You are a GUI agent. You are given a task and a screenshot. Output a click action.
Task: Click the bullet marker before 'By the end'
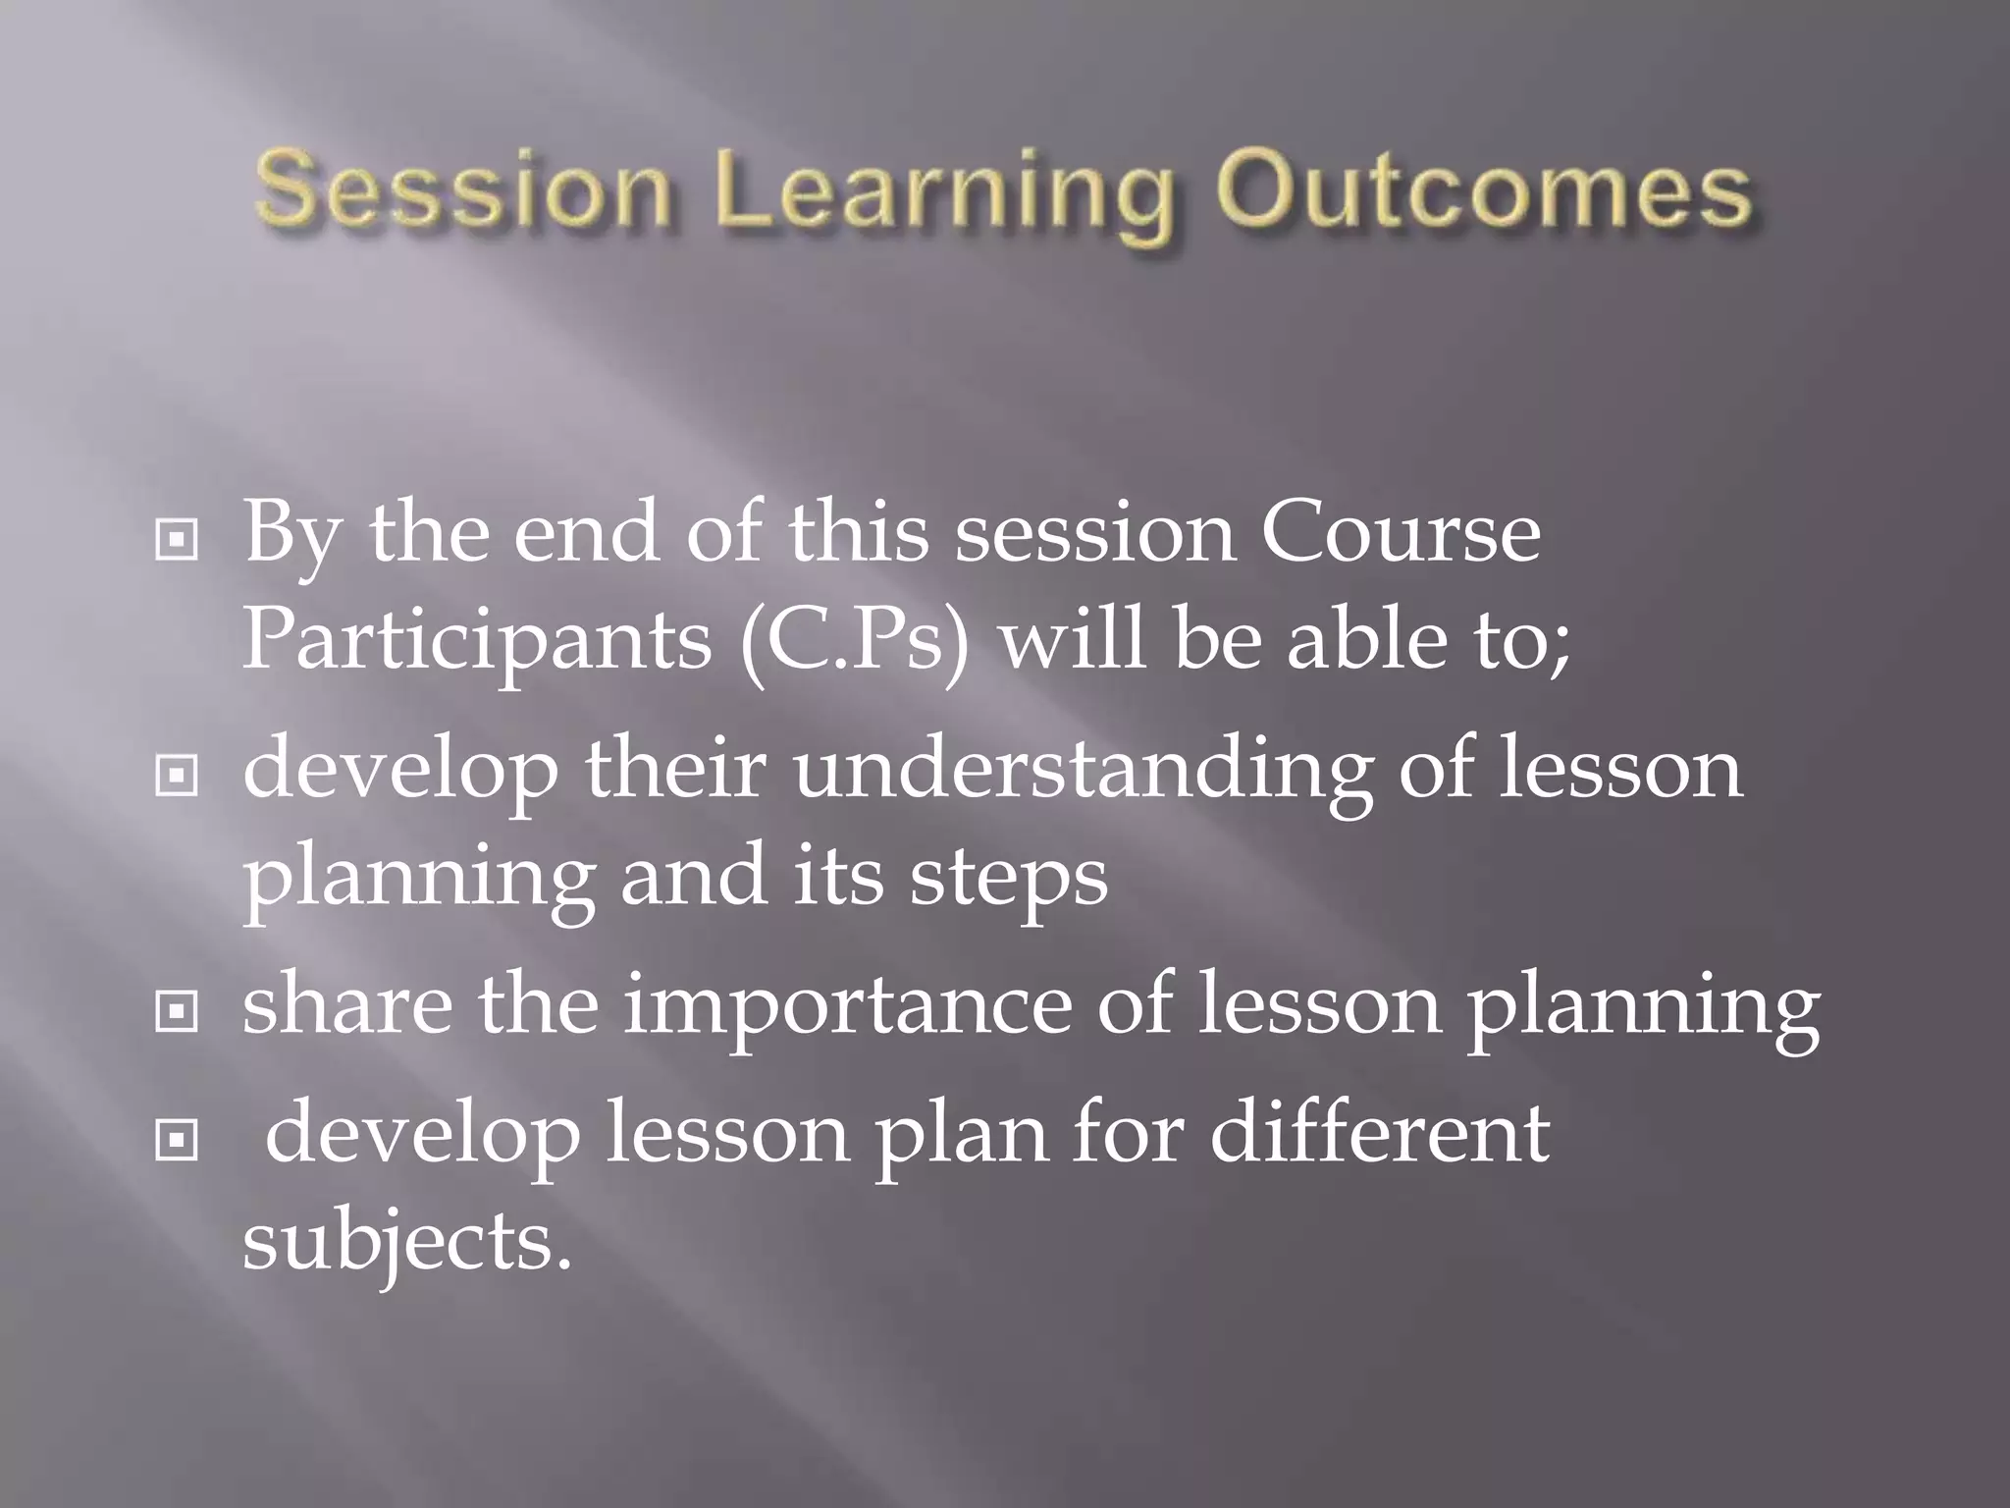point(177,540)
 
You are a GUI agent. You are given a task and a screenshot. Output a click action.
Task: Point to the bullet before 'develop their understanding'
point(177,777)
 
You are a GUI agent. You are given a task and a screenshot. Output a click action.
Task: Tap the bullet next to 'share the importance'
point(177,1012)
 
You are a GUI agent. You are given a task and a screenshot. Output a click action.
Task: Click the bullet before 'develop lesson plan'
point(177,1140)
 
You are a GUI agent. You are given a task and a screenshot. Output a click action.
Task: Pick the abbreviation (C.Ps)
point(855,643)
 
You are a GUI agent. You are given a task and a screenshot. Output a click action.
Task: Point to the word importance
point(848,1007)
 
